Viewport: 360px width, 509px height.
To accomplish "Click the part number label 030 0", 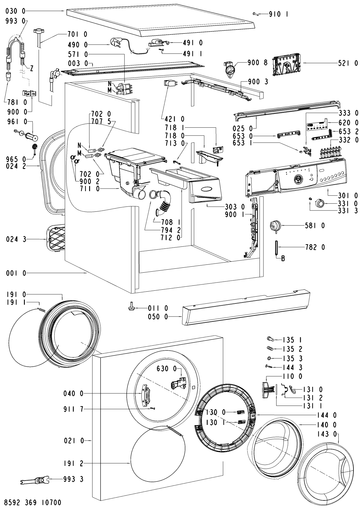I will [x=16, y=11].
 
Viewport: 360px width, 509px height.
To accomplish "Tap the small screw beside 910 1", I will [x=256, y=14].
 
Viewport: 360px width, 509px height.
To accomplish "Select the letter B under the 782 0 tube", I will [x=283, y=259].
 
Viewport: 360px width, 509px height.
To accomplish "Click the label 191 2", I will [x=73, y=464].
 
